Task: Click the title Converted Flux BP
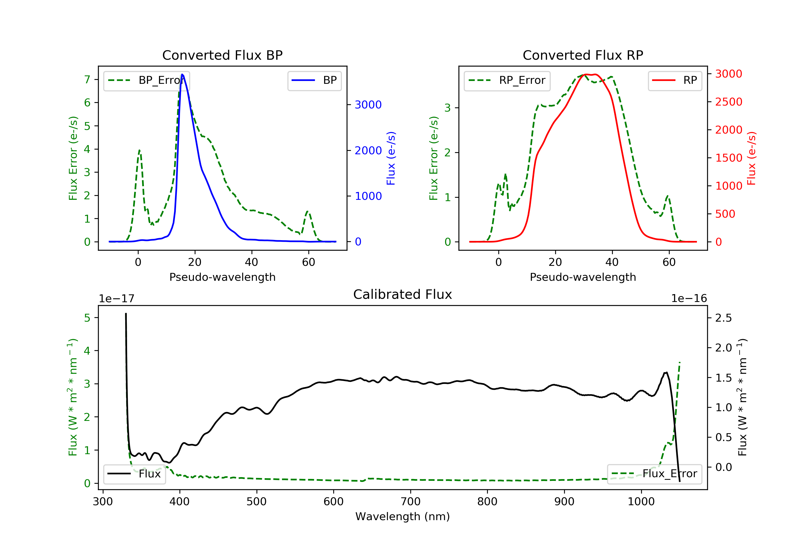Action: (222, 55)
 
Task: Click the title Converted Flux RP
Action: (583, 55)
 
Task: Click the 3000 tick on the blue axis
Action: (368, 105)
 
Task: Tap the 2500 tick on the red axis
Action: (728, 102)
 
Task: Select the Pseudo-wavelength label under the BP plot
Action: (222, 277)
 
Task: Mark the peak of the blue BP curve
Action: (182, 75)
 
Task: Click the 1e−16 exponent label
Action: (689, 299)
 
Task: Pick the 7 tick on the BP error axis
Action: (87, 79)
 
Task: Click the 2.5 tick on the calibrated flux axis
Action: (723, 318)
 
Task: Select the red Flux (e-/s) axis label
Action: (751, 158)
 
